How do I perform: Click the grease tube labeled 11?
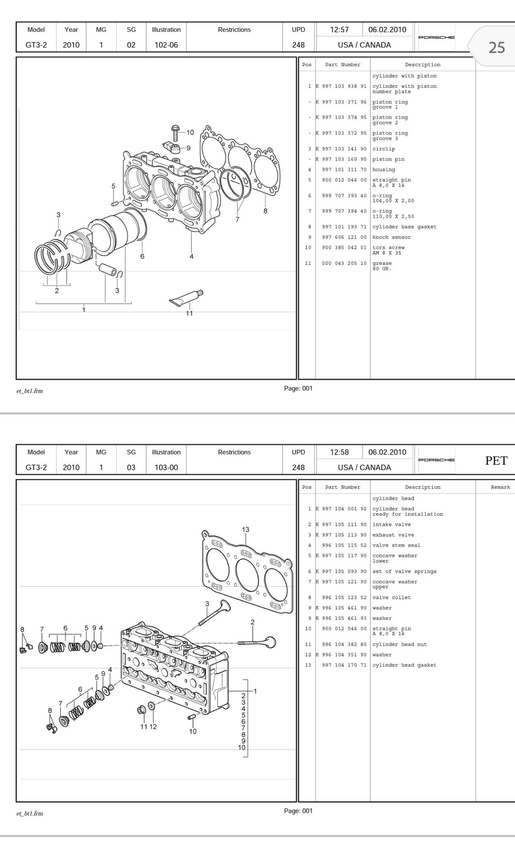(186, 297)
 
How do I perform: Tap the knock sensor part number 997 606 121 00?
(344, 237)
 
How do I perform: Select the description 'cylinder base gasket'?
(404, 227)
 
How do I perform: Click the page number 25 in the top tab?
(496, 47)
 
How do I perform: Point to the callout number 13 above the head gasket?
(246, 529)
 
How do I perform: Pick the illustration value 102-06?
(166, 45)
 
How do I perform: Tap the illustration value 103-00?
(166, 467)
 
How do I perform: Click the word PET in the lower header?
(496, 461)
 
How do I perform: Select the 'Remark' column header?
(500, 487)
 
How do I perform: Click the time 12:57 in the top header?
(339, 29)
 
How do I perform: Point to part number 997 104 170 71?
(344, 665)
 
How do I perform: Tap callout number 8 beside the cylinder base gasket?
(265, 211)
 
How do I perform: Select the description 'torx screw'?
(389, 247)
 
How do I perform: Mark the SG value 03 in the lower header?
(131, 467)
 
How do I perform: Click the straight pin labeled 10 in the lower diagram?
(191, 717)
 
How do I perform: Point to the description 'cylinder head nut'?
(400, 644)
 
